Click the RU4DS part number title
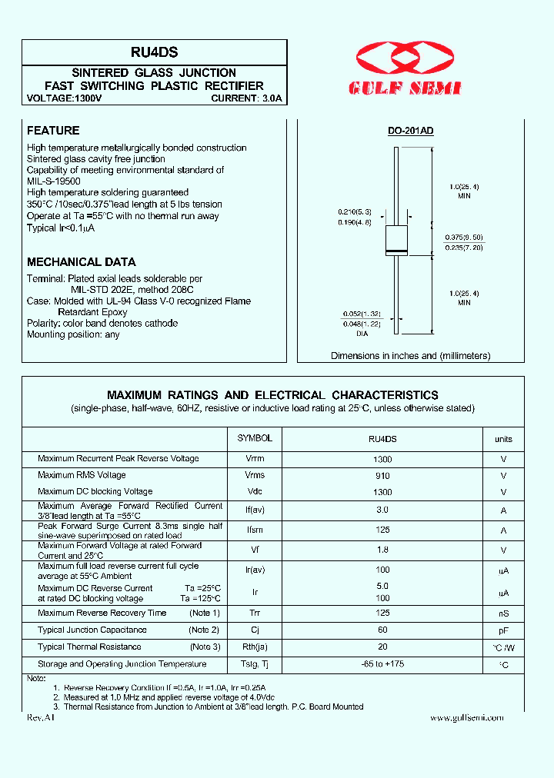(x=155, y=52)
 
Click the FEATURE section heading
(x=53, y=131)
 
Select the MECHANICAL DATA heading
(x=82, y=261)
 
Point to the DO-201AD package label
(x=410, y=131)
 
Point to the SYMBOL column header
(x=255, y=438)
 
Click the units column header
(x=503, y=439)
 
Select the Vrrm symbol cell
(x=255, y=459)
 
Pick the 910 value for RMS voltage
(x=382, y=476)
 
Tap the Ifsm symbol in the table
(x=255, y=530)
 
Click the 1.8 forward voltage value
(x=382, y=550)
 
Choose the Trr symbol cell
(x=255, y=613)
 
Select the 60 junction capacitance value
(x=382, y=630)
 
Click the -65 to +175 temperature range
(x=382, y=664)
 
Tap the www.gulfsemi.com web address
(x=466, y=717)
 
